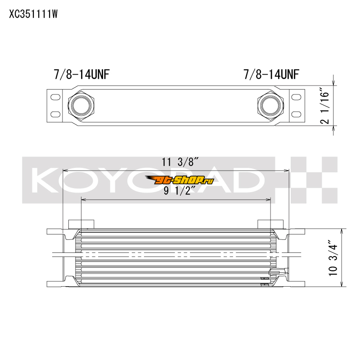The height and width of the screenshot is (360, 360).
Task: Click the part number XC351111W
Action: click(33, 14)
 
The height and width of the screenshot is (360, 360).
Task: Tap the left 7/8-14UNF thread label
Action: click(81, 74)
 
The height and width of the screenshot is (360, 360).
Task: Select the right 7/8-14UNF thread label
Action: click(271, 74)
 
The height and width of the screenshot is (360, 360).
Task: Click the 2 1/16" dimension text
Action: click(325, 105)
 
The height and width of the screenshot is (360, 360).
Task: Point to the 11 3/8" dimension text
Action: click(180, 162)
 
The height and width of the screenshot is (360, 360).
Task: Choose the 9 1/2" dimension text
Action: click(180, 190)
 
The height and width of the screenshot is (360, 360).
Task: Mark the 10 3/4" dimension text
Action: click(333, 258)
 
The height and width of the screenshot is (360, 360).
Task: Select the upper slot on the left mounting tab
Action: click(55, 97)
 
